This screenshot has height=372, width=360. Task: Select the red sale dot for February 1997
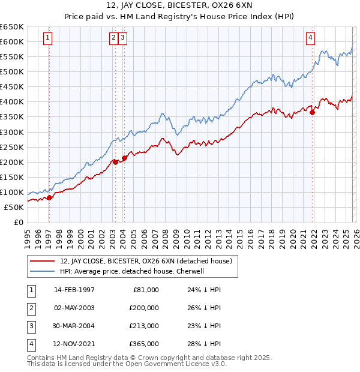click(x=49, y=197)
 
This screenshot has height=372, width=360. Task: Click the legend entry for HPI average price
click(x=133, y=271)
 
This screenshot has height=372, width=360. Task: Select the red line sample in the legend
click(x=43, y=260)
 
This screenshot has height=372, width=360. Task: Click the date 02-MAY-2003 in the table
click(x=74, y=307)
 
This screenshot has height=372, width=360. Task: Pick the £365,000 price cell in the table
click(x=145, y=344)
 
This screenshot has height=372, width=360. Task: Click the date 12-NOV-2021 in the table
click(x=74, y=344)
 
